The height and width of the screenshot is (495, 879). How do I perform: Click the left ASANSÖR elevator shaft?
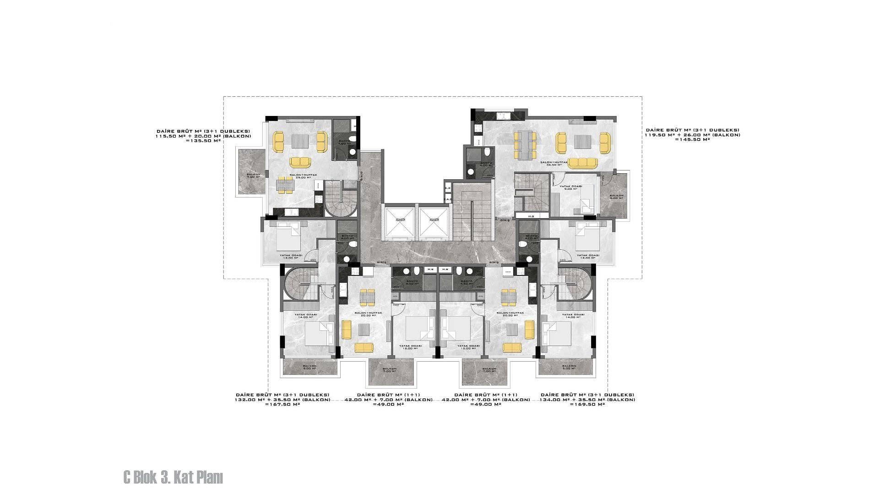(x=400, y=223)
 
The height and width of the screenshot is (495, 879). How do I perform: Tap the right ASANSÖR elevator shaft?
(x=434, y=223)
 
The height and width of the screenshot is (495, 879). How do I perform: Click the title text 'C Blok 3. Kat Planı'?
(x=173, y=478)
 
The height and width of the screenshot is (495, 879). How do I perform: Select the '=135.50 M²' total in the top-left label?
(x=204, y=141)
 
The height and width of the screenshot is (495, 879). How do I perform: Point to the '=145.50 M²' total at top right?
(x=692, y=139)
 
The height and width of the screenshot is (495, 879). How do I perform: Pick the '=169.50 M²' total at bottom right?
(x=587, y=405)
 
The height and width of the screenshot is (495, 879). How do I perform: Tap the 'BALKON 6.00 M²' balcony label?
(x=616, y=197)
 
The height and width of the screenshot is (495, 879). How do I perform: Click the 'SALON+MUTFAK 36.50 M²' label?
(x=554, y=164)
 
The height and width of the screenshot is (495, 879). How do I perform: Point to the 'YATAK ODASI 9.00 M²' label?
(x=573, y=188)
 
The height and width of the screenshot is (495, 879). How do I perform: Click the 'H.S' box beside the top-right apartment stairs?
(x=532, y=215)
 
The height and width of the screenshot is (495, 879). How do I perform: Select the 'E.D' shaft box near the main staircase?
(x=447, y=188)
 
